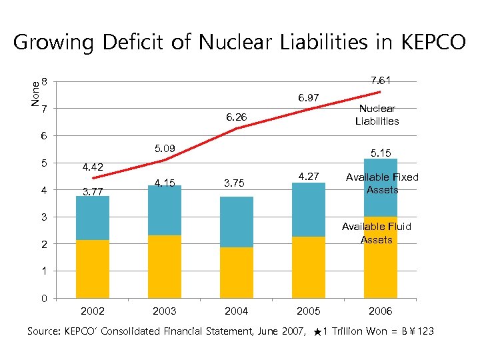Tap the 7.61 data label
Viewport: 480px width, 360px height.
coord(380,80)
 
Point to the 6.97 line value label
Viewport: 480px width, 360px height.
coord(308,98)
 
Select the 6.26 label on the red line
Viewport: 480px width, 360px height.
coord(236,117)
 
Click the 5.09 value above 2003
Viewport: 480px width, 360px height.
coord(165,148)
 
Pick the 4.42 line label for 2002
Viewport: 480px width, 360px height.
coord(93,167)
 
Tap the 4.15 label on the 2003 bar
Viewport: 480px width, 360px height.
coord(165,183)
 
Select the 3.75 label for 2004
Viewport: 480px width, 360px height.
coord(236,184)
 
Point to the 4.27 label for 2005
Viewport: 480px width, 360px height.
coord(308,177)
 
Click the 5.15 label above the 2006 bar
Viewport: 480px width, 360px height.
coord(380,153)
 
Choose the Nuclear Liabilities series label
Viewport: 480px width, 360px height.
coord(377,115)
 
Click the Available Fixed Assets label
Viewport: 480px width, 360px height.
coord(382,183)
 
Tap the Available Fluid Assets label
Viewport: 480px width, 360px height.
coord(377,233)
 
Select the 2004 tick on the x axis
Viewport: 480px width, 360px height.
coord(236,311)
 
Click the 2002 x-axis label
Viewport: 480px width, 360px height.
coord(93,311)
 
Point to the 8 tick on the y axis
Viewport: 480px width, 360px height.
coord(44,82)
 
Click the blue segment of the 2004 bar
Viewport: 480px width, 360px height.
coord(236,221)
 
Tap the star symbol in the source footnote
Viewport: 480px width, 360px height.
coord(317,331)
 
